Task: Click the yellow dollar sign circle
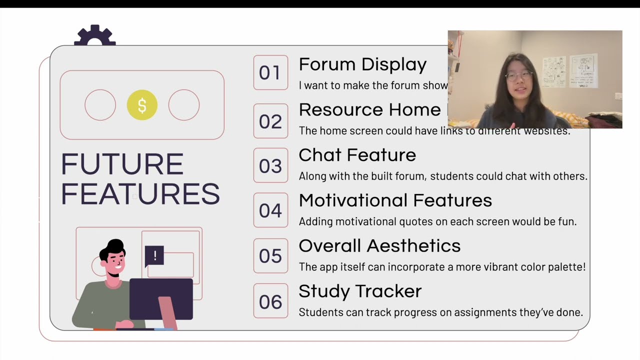142,105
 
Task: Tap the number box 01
270,72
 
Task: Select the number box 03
270,165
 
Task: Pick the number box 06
270,301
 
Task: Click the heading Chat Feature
357,155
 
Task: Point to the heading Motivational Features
395,200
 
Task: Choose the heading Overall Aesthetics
379,246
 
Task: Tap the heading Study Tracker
360,291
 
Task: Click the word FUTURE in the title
122,164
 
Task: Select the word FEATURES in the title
140,194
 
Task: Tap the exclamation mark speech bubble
154,256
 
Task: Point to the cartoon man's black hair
113,248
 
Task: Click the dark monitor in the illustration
161,298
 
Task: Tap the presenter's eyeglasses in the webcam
518,76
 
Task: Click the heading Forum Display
362,64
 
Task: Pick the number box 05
270,256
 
